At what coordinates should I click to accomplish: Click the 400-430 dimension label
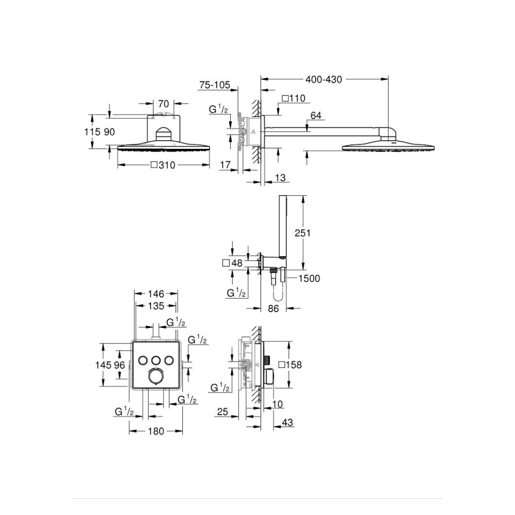point(323,79)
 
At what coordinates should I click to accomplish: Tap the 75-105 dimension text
point(215,85)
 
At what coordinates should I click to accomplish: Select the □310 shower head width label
point(163,165)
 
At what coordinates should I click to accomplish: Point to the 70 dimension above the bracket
point(164,104)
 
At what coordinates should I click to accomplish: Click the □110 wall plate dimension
point(294,98)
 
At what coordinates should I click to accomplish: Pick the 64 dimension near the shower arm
point(316,115)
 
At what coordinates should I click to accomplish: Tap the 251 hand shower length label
point(302,233)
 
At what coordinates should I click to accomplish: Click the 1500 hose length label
point(309,279)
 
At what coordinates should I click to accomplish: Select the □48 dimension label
point(233,263)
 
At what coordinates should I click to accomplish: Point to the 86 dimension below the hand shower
point(273,308)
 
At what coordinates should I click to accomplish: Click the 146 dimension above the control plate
point(156,294)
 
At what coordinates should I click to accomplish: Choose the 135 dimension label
point(156,306)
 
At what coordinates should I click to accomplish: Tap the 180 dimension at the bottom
point(156,431)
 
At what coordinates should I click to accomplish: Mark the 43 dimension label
point(287,422)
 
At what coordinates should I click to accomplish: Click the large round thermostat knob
point(156,376)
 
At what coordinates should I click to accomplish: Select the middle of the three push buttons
point(156,360)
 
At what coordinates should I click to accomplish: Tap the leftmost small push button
point(143,360)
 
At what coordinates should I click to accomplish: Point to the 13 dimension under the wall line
point(280,178)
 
